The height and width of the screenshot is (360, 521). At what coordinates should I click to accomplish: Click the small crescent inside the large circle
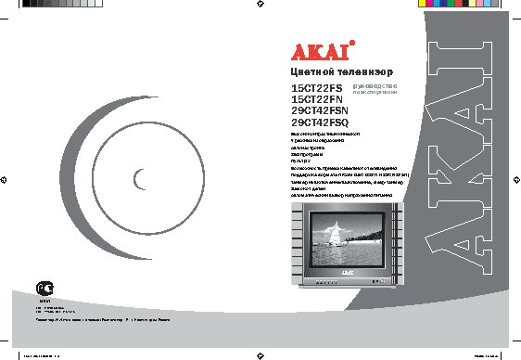[x=139, y=179]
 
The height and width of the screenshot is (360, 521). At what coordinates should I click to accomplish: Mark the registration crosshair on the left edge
[x=6, y=179]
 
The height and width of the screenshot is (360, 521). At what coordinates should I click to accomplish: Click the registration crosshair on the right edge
[x=515, y=179]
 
